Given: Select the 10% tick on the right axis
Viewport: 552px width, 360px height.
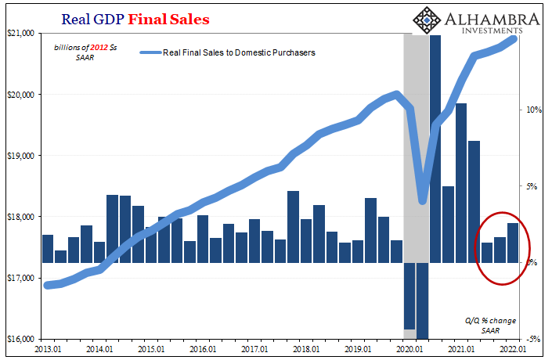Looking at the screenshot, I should click(533, 110).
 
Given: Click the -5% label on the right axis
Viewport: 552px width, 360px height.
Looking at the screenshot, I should click(533, 340).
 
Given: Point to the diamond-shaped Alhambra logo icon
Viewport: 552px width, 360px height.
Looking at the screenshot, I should click(427, 23).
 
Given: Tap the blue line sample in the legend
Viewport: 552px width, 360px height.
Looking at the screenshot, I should click(150, 53).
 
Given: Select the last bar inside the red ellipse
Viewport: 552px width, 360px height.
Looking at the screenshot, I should click(513, 243).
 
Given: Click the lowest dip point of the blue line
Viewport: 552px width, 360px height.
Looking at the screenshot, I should click(423, 201).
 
